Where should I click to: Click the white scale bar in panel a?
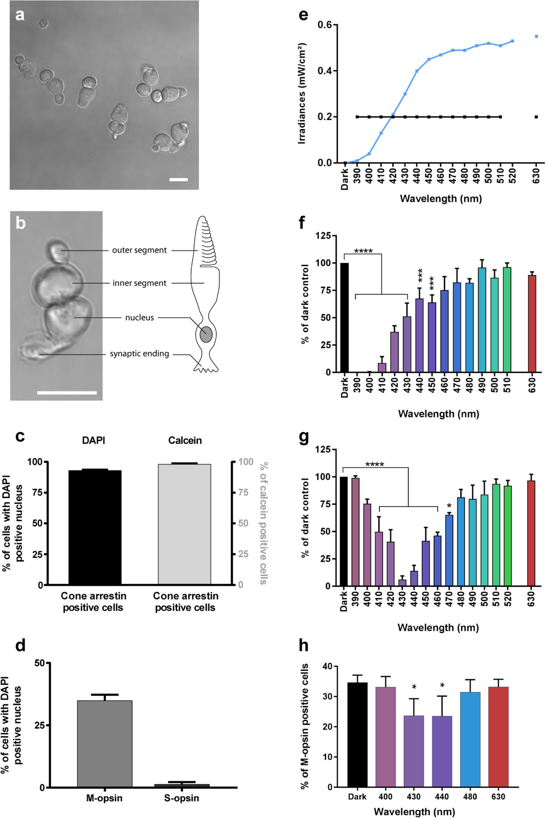[x=179, y=179]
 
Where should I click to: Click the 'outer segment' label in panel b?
[x=139, y=250]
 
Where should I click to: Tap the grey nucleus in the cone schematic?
[x=206, y=334]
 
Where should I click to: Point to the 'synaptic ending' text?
[x=139, y=354]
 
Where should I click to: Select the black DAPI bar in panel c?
[x=95, y=527]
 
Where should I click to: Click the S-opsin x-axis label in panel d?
[x=182, y=798]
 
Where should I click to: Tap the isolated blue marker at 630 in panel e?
[x=536, y=37]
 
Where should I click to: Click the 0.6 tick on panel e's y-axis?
[x=325, y=25]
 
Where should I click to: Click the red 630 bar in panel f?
[x=532, y=324]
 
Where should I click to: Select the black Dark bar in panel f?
[x=344, y=317]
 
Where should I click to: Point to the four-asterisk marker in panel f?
[x=363, y=251]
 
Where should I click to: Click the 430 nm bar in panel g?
[x=402, y=582]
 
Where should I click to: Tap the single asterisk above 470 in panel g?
[x=449, y=506]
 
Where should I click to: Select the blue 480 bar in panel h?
[x=470, y=740]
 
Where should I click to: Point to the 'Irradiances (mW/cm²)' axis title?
[x=302, y=94]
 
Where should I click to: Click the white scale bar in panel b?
[x=67, y=393]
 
